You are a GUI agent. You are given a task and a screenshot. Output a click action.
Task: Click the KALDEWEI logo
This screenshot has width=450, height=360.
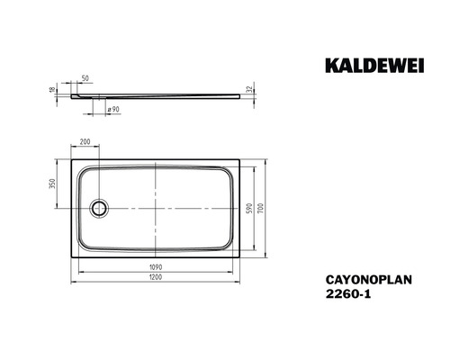pyautogui.click(x=374, y=66)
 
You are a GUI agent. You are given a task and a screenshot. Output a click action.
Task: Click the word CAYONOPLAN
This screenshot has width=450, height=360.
pyautogui.click(x=369, y=280)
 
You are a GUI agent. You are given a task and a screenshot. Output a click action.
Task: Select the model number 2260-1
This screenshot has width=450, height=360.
pyautogui.click(x=348, y=294)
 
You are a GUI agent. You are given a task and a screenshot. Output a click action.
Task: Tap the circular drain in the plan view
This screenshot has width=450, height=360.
pyautogui.click(x=99, y=208)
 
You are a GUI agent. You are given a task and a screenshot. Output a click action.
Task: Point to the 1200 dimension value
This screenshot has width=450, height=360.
pyautogui.click(x=156, y=277)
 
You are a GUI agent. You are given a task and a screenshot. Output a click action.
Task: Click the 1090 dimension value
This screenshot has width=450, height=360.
pyautogui.click(x=156, y=267)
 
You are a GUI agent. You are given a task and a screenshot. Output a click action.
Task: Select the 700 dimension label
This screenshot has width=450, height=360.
pyautogui.click(x=261, y=208)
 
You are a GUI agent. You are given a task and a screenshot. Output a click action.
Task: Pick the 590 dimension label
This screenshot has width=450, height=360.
pyautogui.click(x=248, y=208)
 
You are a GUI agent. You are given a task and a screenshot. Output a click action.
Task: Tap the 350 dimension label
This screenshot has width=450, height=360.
pyautogui.click(x=52, y=184)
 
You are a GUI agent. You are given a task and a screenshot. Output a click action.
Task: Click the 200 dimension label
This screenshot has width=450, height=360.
pyautogui.click(x=85, y=141)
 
